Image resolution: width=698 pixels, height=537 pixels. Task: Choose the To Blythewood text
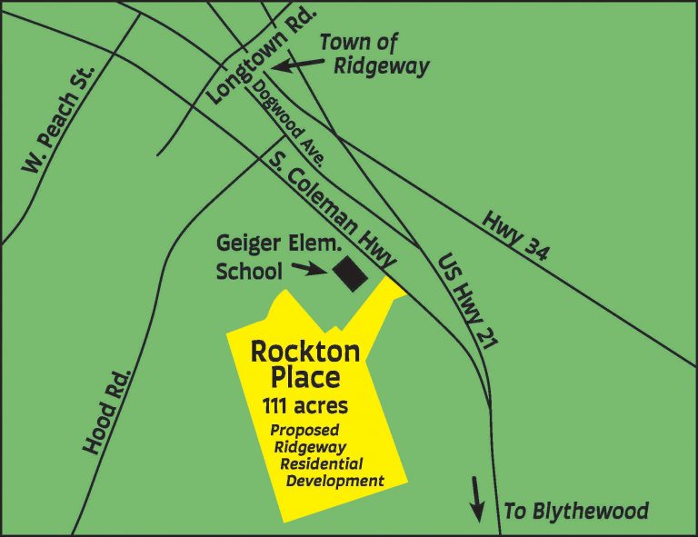click(576, 512)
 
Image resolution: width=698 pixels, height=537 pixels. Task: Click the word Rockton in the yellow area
click(305, 351)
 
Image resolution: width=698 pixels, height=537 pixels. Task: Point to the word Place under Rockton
click(305, 376)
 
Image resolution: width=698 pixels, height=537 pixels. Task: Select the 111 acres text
click(304, 405)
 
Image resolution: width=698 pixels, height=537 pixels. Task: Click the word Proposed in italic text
click(304, 429)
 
